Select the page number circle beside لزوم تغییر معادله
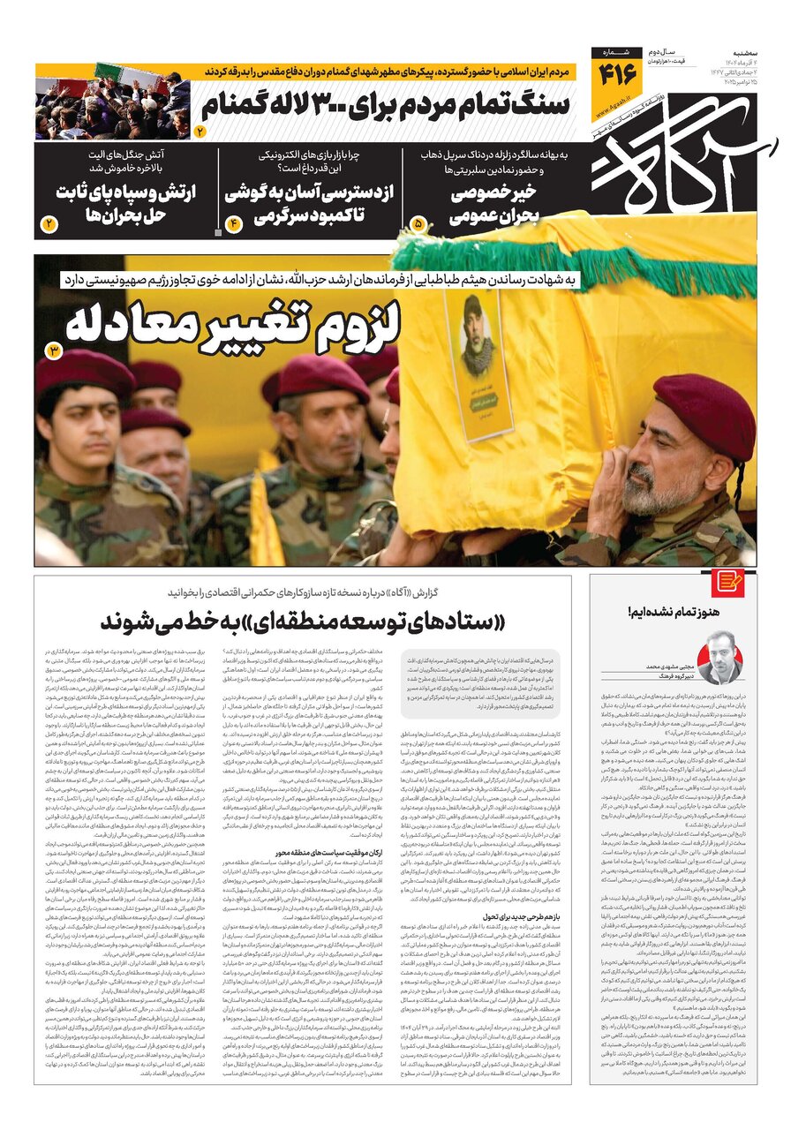54,350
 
